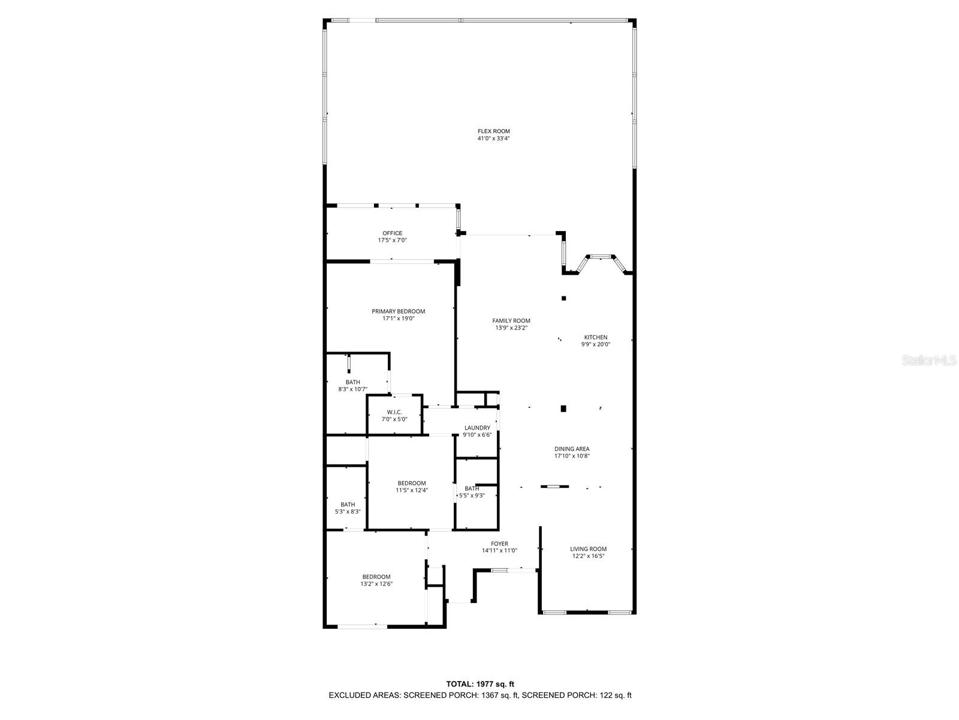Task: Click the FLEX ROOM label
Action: click(x=493, y=131)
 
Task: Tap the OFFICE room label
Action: click(x=393, y=233)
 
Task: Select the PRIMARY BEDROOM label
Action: click(x=398, y=311)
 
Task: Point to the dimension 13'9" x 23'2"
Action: click(x=511, y=328)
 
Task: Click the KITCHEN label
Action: click(x=596, y=337)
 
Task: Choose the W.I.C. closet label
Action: click(x=394, y=412)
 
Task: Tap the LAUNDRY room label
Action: click(x=477, y=428)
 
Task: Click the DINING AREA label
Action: click(x=572, y=449)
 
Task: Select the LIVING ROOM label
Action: click(x=588, y=549)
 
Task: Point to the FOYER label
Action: click(x=499, y=544)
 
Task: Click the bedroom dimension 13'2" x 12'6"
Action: click(x=376, y=584)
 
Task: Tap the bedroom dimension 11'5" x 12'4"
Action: click(x=412, y=490)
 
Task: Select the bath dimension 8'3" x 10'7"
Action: click(x=352, y=389)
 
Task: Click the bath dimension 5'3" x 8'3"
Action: click(x=348, y=512)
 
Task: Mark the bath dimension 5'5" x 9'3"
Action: click(x=472, y=496)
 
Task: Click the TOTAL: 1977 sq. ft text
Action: click(x=479, y=684)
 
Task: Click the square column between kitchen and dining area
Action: click(x=563, y=409)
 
